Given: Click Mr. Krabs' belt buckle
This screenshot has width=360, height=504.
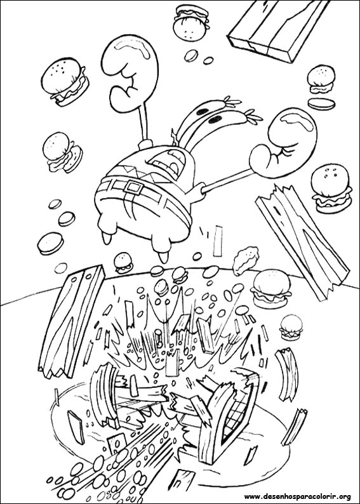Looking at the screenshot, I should (x=133, y=186).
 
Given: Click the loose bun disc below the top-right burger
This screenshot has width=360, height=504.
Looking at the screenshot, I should (x=319, y=102).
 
